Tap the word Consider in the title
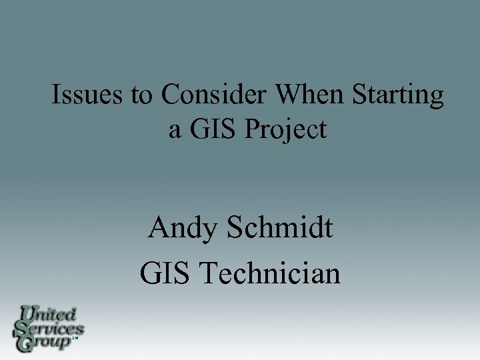pyautogui.click(x=214, y=95)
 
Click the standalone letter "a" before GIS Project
pyautogui.click(x=175, y=130)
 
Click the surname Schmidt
pyautogui.click(x=280, y=229)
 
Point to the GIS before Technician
pyautogui.click(x=167, y=273)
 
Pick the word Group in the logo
pyautogui.click(x=48, y=343)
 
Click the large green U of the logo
pyautogui.click(x=28, y=313)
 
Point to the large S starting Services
pyautogui.click(x=22, y=328)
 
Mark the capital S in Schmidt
pyautogui.click(x=235, y=229)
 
